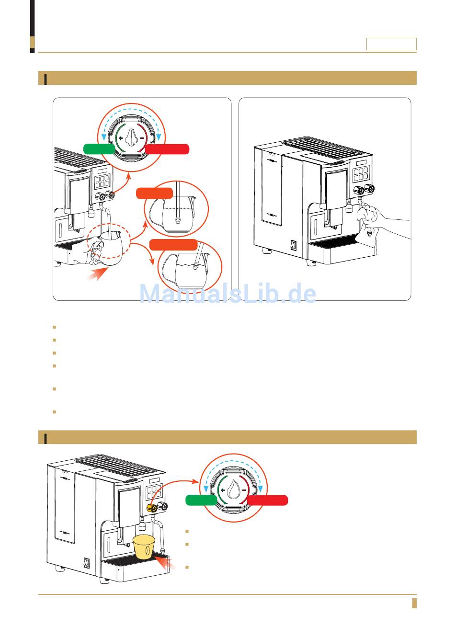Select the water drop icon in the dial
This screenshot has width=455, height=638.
(x=234, y=490)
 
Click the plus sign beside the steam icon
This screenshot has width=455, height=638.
(x=121, y=138)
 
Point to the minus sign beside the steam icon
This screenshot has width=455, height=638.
(x=142, y=138)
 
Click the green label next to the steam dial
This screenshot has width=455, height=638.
(x=99, y=148)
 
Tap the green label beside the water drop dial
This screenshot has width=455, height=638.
(x=201, y=501)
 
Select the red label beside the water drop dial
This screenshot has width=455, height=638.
(x=267, y=501)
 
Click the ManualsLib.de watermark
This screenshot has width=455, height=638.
(x=227, y=294)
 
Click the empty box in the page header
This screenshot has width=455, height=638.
(x=391, y=44)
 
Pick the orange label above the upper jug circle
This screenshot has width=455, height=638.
(x=154, y=194)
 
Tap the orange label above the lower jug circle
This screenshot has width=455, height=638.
(x=173, y=244)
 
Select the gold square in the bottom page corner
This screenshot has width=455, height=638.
(x=414, y=603)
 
